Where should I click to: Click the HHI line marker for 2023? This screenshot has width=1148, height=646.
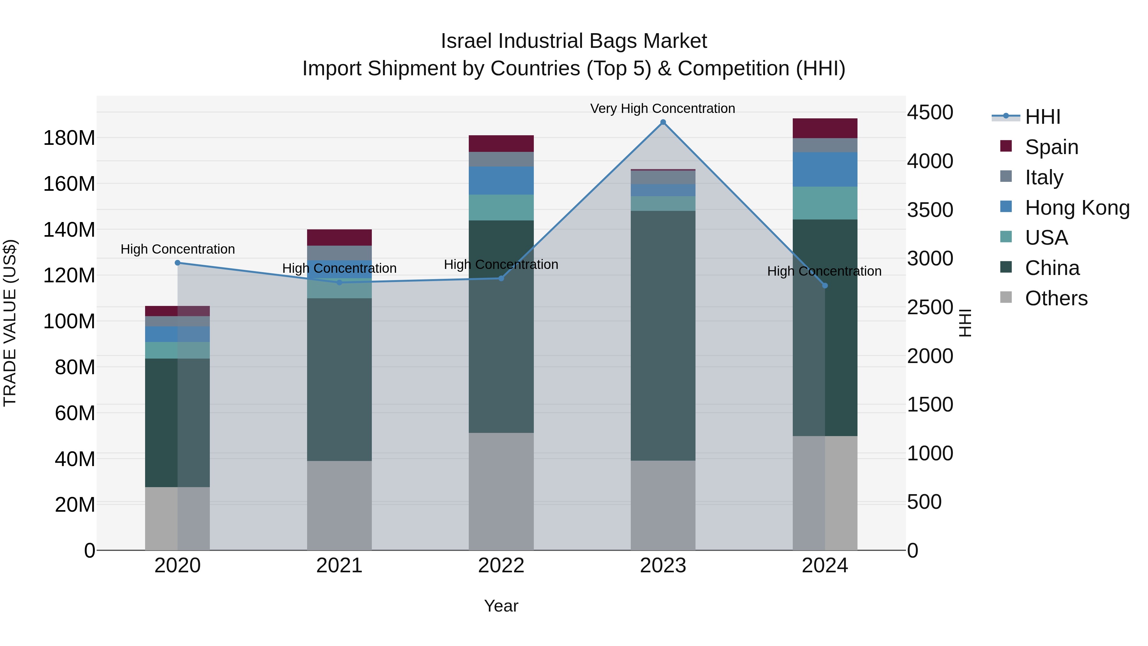pyautogui.click(x=663, y=122)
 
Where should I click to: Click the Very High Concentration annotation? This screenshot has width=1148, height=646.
pyautogui.click(x=662, y=108)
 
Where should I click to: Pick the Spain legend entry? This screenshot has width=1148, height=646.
pyautogui.click(x=1051, y=147)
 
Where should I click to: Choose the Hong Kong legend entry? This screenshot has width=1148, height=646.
pyautogui.click(x=1077, y=208)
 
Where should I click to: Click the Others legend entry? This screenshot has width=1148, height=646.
pyautogui.click(x=1056, y=298)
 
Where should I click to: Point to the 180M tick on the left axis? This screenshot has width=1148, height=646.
pyautogui.click(x=69, y=138)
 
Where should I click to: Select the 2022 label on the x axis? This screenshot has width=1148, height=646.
pyautogui.click(x=501, y=566)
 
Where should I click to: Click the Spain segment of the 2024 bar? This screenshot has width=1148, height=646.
pyautogui.click(x=825, y=128)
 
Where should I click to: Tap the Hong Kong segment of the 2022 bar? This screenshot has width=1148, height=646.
pyautogui.click(x=501, y=181)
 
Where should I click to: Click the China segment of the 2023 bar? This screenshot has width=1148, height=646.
pyautogui.click(x=663, y=335)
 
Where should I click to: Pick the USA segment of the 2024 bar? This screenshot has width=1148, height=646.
pyautogui.click(x=825, y=203)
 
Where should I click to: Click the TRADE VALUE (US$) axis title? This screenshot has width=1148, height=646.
pyautogui.click(x=10, y=323)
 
